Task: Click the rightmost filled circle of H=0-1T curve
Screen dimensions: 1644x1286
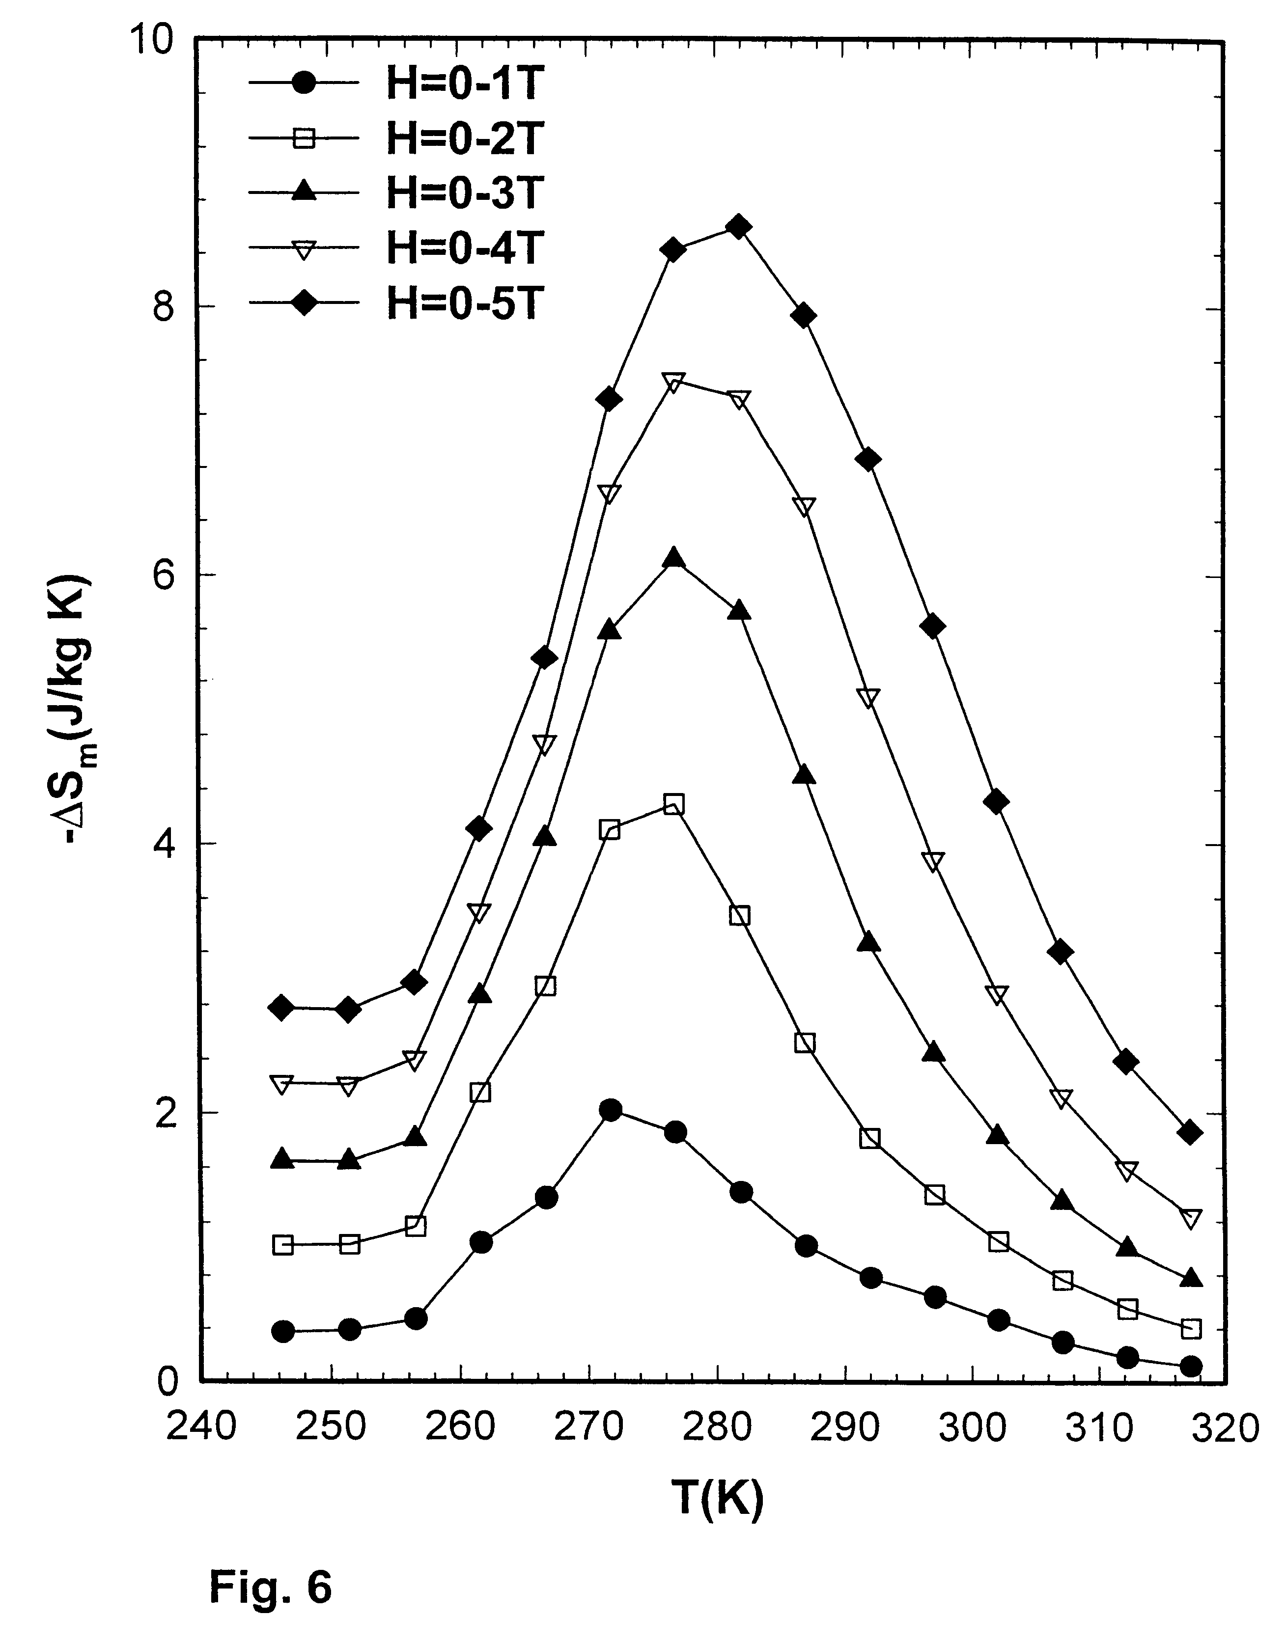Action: pyautogui.click(x=1190, y=1366)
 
